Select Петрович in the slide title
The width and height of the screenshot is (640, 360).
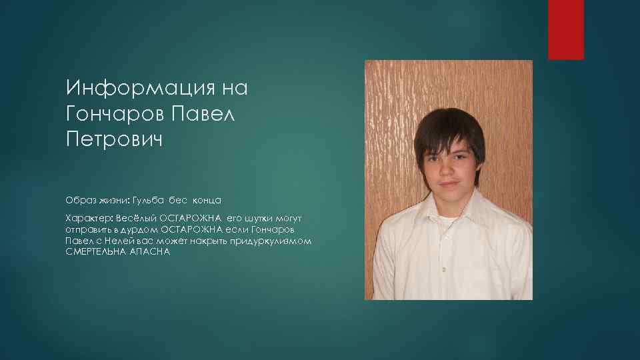click(x=114, y=141)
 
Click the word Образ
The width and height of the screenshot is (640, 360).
click(x=79, y=200)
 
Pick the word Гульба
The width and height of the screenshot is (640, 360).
click(x=148, y=200)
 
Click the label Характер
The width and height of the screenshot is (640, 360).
click(x=89, y=218)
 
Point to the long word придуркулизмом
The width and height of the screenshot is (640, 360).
click(x=272, y=240)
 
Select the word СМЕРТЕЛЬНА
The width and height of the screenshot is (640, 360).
click(x=98, y=251)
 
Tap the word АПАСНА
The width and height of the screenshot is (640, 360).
click(x=153, y=251)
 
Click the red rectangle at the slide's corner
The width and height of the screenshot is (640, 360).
click(x=565, y=29)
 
